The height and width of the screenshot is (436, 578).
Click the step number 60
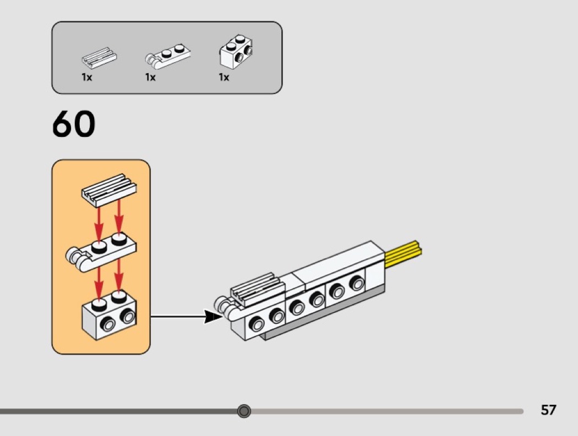point(74,125)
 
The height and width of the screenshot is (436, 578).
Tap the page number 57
point(548,410)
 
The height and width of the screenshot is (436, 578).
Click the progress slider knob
point(244,411)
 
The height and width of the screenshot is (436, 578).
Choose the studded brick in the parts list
point(236,52)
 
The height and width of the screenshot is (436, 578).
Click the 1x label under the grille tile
point(86,78)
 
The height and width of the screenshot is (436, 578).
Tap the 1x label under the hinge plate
point(150,78)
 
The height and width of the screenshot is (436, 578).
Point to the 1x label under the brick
point(223,78)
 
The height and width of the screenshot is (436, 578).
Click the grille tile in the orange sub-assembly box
point(108,187)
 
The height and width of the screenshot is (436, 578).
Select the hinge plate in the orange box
point(103,253)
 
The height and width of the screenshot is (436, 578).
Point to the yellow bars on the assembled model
point(404,254)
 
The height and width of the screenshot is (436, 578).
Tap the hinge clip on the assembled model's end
point(227,307)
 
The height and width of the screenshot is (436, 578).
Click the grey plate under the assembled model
point(319,316)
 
